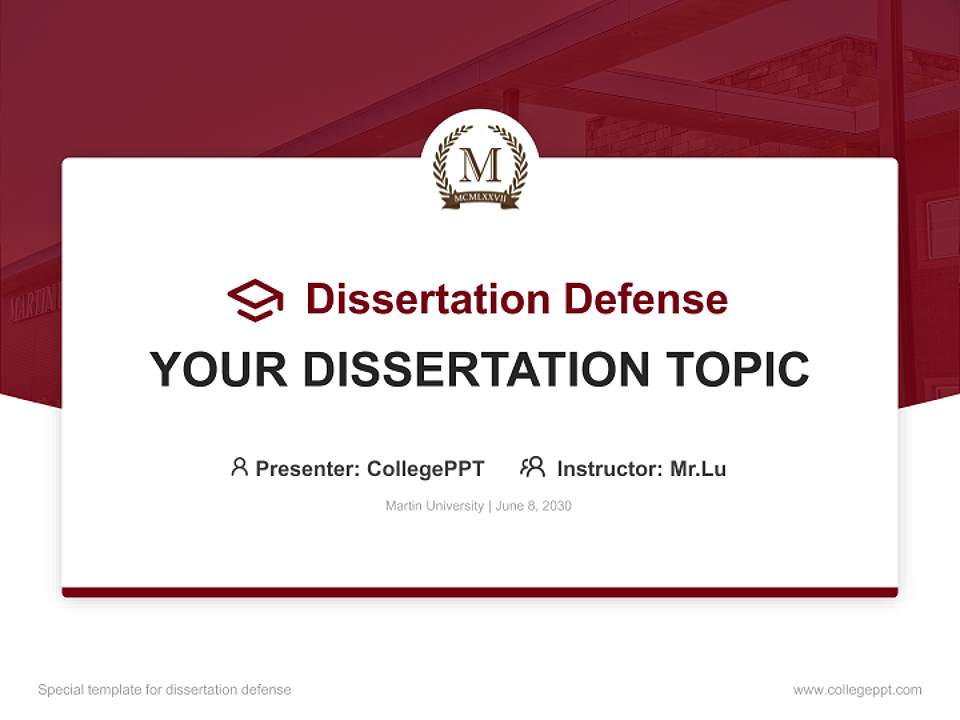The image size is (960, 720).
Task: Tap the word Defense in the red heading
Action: tap(645, 299)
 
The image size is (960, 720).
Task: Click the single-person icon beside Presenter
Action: tap(239, 467)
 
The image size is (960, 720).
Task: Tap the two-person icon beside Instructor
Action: tap(532, 467)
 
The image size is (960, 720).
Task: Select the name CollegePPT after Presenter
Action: tap(426, 468)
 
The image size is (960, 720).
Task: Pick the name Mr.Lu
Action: tap(698, 468)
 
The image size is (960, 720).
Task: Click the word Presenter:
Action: tap(308, 468)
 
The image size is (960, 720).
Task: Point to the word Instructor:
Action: tap(610, 468)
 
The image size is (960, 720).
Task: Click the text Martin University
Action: tap(435, 506)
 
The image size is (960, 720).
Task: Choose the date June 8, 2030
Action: tap(534, 506)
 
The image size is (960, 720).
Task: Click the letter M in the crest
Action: tap(480, 162)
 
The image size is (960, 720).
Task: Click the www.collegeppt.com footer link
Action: tap(857, 690)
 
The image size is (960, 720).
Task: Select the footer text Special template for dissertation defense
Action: tap(165, 690)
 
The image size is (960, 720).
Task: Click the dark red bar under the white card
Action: tap(480, 592)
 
